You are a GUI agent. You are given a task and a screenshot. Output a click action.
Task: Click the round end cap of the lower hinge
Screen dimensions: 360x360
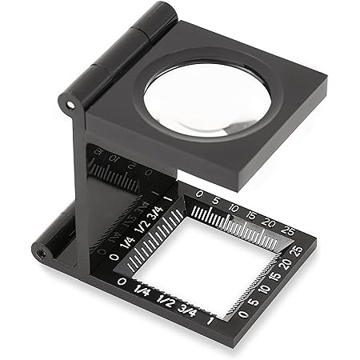point(39,251)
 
